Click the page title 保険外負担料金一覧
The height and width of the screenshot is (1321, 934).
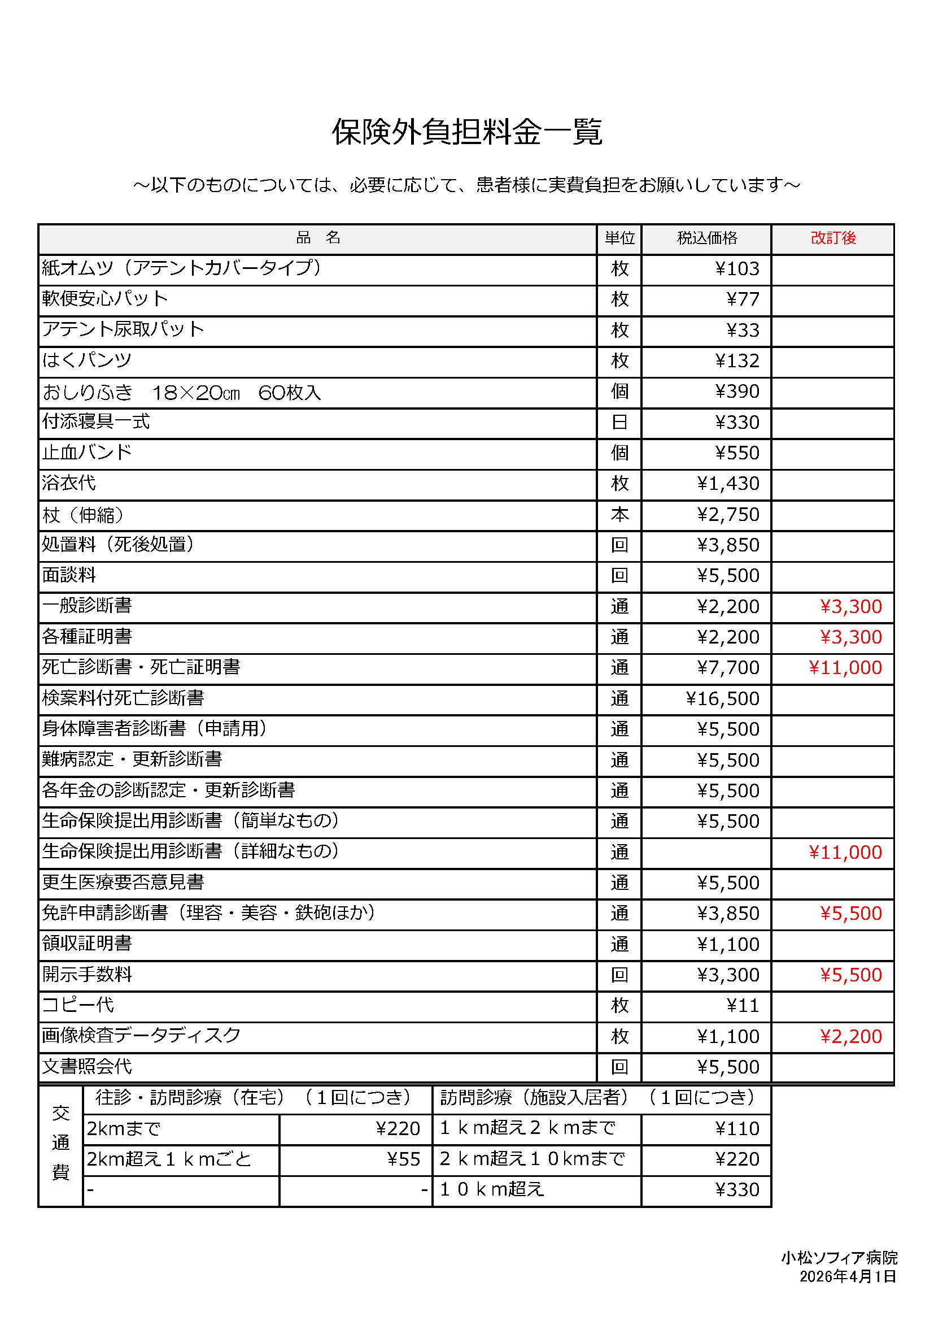click(x=466, y=132)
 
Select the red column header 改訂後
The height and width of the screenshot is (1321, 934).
click(x=833, y=238)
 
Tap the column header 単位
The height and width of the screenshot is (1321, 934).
click(x=619, y=238)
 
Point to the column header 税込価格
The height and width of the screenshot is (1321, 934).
click(x=706, y=238)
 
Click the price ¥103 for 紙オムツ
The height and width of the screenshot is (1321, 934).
click(x=737, y=269)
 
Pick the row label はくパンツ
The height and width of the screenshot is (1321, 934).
click(x=87, y=360)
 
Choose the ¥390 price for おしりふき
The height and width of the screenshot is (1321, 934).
click(x=737, y=391)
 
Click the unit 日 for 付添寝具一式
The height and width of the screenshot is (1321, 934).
click(x=619, y=422)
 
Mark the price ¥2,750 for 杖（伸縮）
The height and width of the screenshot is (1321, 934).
click(x=728, y=514)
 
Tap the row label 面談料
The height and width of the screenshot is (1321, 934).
click(x=69, y=575)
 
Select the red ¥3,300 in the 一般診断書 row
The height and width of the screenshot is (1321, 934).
click(x=850, y=606)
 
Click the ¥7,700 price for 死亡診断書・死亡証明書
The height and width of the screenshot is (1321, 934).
click(x=728, y=667)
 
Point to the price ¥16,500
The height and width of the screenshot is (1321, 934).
click(x=723, y=698)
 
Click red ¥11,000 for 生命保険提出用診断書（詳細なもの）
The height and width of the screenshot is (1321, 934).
click(x=845, y=852)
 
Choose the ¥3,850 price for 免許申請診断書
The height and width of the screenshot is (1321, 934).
click(x=728, y=913)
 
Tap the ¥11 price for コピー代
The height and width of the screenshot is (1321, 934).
click(x=743, y=1005)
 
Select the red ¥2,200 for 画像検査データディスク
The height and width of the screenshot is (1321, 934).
click(x=850, y=1036)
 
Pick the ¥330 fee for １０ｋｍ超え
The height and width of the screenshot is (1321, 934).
click(x=737, y=1189)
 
